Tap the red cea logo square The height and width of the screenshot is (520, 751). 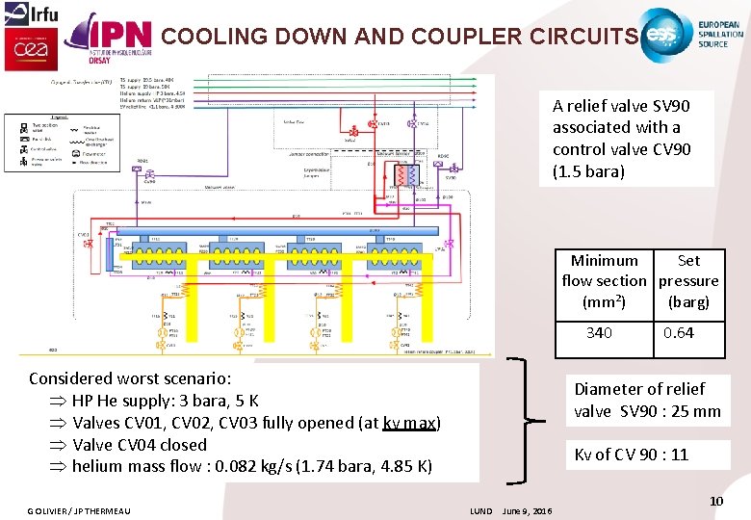click(26, 48)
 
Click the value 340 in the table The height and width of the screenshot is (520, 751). click(599, 333)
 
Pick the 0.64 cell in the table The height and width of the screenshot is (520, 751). click(678, 333)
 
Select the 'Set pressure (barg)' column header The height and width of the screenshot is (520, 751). click(688, 281)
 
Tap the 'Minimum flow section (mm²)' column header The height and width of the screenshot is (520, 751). click(605, 281)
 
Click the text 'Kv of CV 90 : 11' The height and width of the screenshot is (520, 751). click(632, 455)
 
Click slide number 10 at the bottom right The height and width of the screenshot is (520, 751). click(715, 501)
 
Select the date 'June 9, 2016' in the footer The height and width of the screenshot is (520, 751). click(528, 510)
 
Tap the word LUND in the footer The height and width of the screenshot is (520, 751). click(481, 510)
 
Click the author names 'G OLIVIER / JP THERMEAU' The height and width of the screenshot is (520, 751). click(79, 510)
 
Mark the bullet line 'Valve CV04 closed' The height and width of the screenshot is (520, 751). click(139, 445)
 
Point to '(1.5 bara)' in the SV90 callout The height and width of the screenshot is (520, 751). click(589, 171)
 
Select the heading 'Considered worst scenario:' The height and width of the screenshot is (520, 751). click(130, 378)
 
